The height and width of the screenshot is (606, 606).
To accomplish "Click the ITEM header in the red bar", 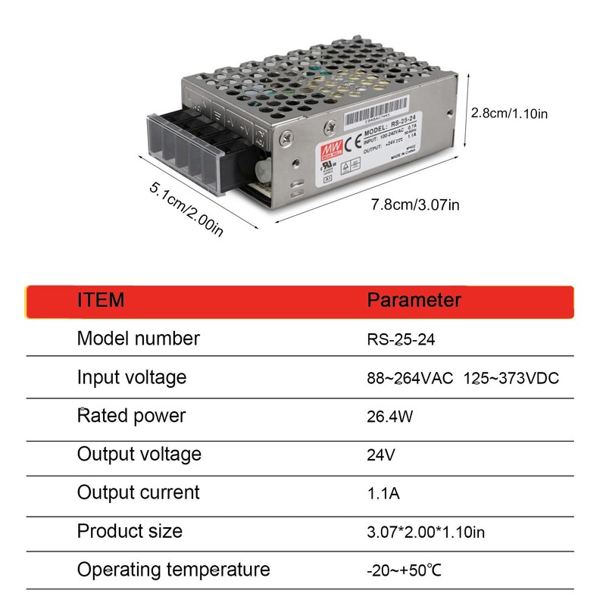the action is tap(100, 300).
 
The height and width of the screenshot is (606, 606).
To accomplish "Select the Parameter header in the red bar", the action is tap(414, 300).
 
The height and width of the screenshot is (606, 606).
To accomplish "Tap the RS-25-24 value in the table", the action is tap(401, 339).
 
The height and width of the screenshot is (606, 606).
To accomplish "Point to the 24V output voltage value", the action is tap(381, 455).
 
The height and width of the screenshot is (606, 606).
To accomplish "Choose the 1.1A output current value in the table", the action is tap(383, 494).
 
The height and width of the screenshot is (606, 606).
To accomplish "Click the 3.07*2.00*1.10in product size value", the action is tap(426, 533).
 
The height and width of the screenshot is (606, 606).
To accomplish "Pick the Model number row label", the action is tap(139, 339).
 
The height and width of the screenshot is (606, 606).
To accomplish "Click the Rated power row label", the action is tap(131, 416).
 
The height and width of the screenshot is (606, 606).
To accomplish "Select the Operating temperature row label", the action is tap(173, 570).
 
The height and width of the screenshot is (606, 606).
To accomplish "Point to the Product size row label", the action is tap(130, 531).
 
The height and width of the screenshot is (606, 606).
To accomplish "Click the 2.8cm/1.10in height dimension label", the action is tap(509, 114).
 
